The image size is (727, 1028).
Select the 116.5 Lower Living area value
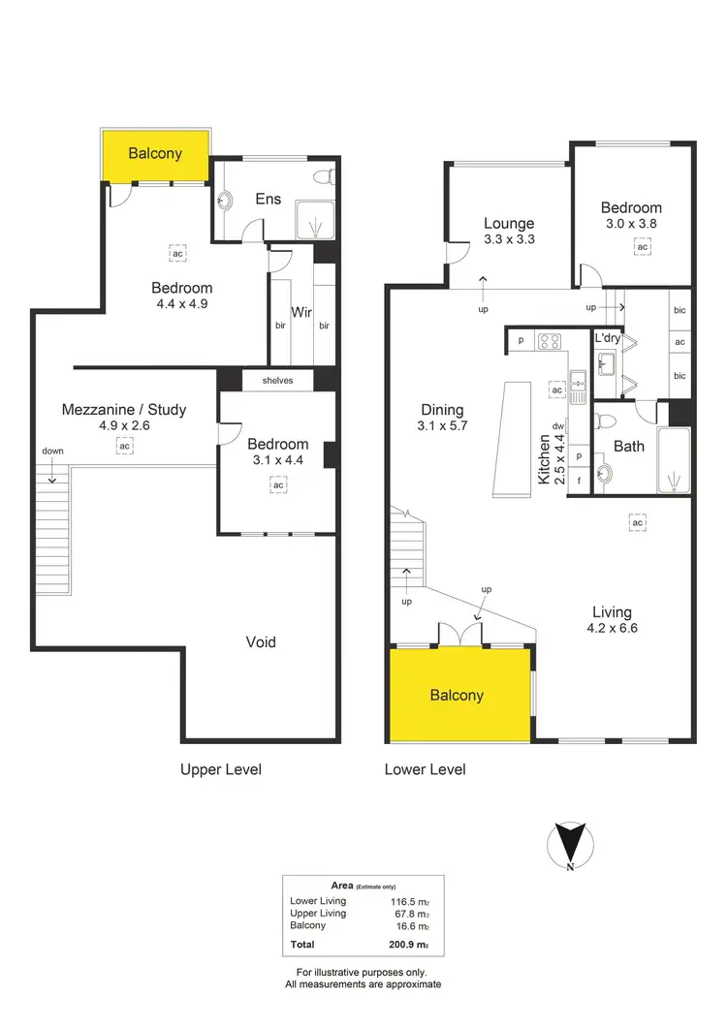click(415, 901)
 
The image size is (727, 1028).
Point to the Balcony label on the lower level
click(457, 695)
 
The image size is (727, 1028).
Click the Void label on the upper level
click(261, 641)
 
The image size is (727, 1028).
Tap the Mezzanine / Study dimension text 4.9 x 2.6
click(124, 424)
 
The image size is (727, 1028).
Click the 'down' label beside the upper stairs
click(52, 452)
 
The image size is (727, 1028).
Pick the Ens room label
click(269, 199)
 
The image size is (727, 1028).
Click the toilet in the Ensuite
click(328, 178)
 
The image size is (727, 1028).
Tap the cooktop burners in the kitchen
click(550, 340)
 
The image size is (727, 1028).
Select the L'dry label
click(608, 337)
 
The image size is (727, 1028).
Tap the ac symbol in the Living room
click(637, 523)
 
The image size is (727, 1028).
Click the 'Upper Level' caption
click(221, 769)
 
